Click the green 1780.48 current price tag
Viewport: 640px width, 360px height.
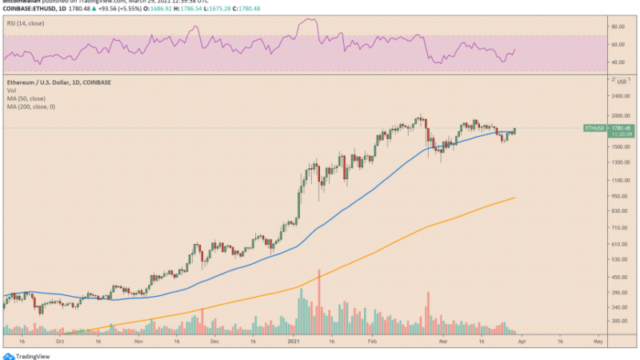click(621, 127)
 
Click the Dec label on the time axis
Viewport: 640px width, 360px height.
click(214, 339)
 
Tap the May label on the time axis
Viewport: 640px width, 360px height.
click(598, 339)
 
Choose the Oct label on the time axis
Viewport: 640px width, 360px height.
click(61, 339)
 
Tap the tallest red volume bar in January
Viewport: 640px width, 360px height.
click(319, 300)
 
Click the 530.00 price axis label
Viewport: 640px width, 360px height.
click(618, 260)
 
